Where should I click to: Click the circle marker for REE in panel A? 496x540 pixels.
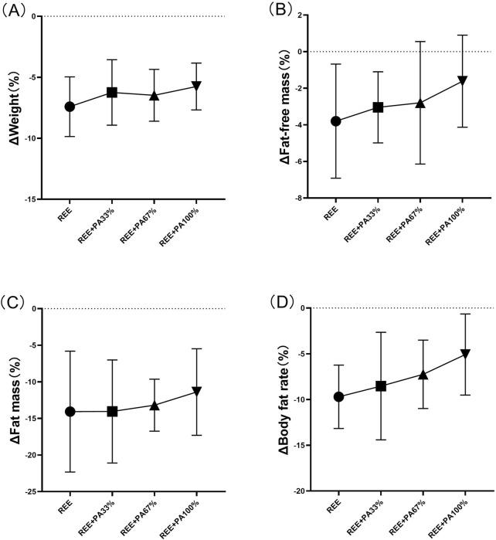70,107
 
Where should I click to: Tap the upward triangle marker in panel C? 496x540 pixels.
155,406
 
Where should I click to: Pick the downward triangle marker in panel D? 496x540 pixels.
464,353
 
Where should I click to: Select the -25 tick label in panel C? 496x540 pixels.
28,491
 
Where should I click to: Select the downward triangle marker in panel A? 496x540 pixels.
197,86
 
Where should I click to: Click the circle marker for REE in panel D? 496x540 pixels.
337,396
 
